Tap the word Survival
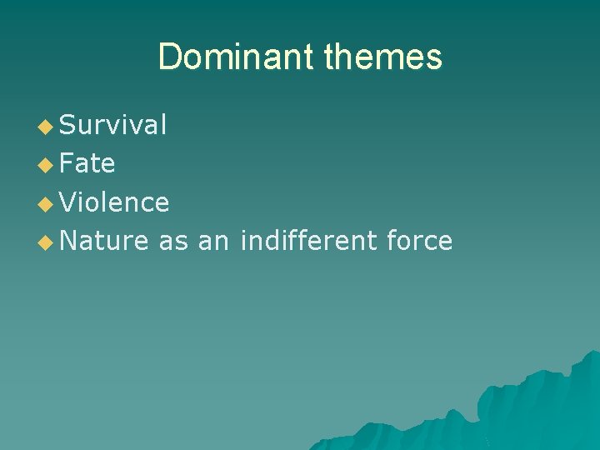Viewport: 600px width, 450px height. point(113,125)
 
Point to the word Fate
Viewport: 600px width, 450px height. point(87,164)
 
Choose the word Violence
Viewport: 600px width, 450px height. point(115,202)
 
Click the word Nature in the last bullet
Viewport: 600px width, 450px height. point(104,242)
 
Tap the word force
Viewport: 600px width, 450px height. point(420,241)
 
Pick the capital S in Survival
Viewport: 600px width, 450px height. point(68,125)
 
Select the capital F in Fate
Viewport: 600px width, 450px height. point(67,164)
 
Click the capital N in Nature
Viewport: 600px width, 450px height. point(69,242)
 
